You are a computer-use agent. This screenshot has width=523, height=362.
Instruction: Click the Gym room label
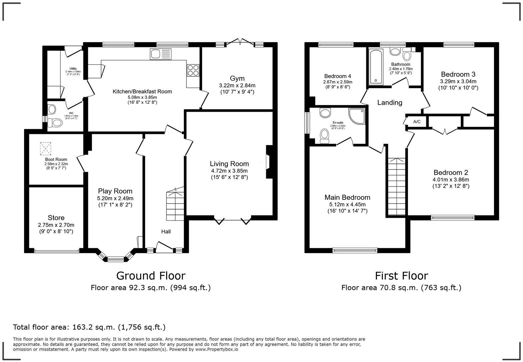pyautogui.click(x=237, y=79)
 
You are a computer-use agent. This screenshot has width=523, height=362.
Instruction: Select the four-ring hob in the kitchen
pyautogui.click(x=193, y=70)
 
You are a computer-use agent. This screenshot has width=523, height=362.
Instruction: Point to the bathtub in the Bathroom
pyautogui.click(x=377, y=66)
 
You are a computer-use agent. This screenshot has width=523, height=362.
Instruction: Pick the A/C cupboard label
pyautogui.click(x=417, y=122)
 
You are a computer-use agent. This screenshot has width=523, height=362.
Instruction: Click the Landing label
pyautogui.click(x=390, y=102)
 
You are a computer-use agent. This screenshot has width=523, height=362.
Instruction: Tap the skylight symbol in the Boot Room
pyautogui.click(x=46, y=148)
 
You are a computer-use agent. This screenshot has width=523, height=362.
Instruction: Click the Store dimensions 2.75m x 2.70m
pyautogui.click(x=56, y=225)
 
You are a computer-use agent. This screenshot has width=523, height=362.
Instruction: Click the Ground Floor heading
pyautogui.click(x=150, y=276)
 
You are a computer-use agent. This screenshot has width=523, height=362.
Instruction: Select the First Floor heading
pyautogui.click(x=401, y=276)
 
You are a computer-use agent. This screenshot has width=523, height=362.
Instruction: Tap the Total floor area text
pyautogui.click(x=89, y=327)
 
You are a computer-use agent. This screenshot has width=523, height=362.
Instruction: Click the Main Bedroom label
pyautogui.click(x=347, y=198)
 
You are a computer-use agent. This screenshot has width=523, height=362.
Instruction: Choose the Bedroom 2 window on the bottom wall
pyautogui.click(x=452, y=218)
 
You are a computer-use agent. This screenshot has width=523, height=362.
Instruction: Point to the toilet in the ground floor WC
pyautogui.click(x=55, y=123)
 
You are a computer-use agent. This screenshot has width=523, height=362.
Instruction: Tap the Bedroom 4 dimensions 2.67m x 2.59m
pyautogui.click(x=338, y=82)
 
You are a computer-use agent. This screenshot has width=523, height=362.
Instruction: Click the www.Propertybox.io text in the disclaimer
pyautogui.click(x=216, y=349)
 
